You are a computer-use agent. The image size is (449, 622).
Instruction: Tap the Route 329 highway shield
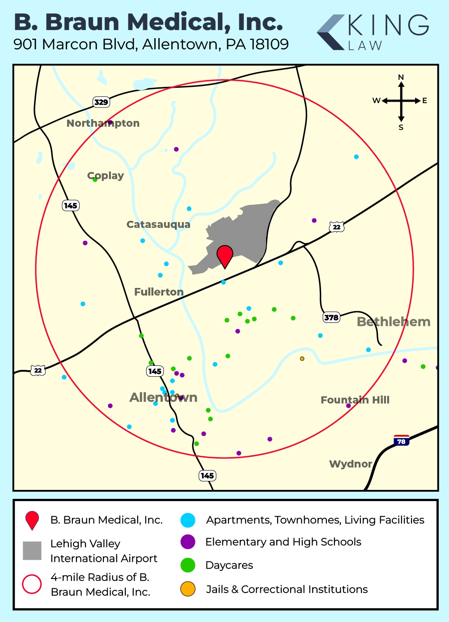[101, 102]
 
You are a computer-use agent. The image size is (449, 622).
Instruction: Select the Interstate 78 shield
[401, 441]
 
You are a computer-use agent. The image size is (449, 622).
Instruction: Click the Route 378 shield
[331, 317]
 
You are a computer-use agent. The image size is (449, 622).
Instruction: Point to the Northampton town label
[103, 123]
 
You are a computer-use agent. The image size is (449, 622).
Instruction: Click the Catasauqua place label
[158, 224]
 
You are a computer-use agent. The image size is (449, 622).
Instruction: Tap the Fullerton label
[159, 292]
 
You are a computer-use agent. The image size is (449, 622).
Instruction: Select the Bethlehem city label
[394, 322]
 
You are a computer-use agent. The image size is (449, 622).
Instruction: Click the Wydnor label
[351, 464]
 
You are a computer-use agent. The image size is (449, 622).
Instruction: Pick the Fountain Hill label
[355, 400]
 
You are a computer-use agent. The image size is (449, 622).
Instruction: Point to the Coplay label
[106, 176]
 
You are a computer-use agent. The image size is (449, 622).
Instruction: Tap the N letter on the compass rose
[401, 77]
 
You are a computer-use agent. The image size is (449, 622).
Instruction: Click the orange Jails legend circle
[188, 589]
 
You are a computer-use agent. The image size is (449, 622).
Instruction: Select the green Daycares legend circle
[188, 565]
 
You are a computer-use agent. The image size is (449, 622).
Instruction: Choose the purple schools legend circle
[188, 542]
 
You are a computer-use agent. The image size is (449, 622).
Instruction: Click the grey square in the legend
[32, 550]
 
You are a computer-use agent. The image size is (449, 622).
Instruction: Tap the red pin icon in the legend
[32, 520]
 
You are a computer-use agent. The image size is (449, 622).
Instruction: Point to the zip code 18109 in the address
[269, 44]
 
